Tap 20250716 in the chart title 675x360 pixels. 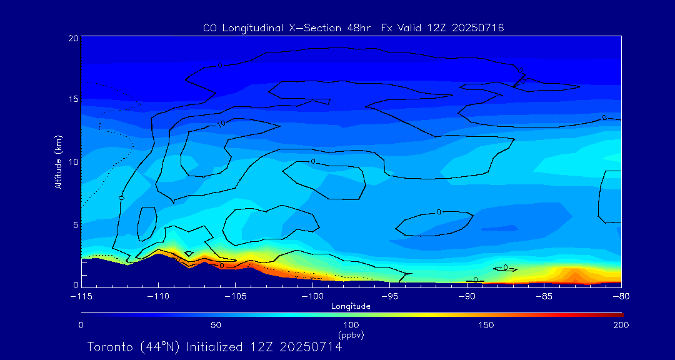point(476,28)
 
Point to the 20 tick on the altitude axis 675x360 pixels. point(74,38)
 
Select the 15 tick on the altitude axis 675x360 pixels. point(74,99)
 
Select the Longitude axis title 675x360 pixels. point(351,306)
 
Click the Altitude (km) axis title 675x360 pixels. point(59,162)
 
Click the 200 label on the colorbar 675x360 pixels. point(621,325)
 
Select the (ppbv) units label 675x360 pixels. point(351,335)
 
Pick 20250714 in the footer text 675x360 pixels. point(311,347)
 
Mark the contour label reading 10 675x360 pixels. point(221,124)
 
